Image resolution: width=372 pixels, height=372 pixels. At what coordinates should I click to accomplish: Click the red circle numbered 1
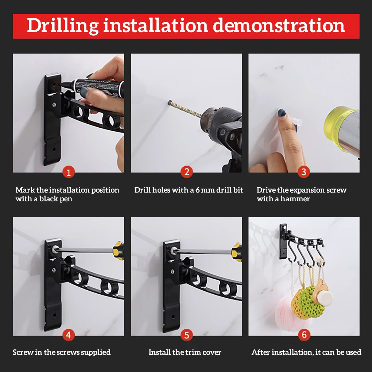click(69, 172)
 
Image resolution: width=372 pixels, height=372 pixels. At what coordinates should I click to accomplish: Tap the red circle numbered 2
click(187, 172)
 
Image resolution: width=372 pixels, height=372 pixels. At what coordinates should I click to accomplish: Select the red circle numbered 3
click(304, 172)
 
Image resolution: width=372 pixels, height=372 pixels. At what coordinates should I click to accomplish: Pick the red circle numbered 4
click(69, 335)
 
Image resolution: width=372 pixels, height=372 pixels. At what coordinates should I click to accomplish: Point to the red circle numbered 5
click(187, 335)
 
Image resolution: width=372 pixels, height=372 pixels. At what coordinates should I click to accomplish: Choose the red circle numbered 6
click(304, 335)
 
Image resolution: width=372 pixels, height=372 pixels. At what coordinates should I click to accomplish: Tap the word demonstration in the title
click(279, 26)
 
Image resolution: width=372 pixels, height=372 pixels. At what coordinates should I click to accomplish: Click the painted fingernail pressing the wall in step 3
click(282, 112)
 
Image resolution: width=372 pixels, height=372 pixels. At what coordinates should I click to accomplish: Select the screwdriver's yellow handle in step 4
click(119, 251)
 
